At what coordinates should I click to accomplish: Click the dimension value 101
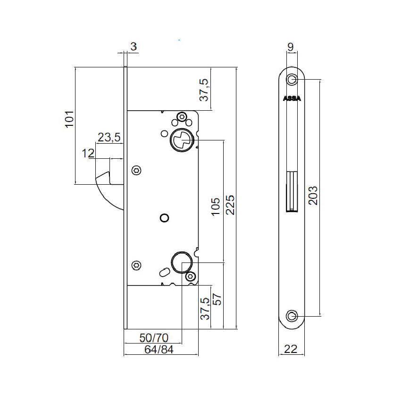(69, 119)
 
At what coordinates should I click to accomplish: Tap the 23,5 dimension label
(109, 137)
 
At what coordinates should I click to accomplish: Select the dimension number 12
(88, 154)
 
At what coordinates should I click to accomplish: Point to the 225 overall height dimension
(230, 205)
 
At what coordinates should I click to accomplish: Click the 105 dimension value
(216, 207)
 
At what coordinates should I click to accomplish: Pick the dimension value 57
(217, 299)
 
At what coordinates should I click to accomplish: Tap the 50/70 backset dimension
(154, 338)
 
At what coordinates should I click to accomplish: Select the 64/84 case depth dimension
(159, 349)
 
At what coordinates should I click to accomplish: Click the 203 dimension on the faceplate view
(313, 196)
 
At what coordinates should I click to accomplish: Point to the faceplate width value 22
(291, 349)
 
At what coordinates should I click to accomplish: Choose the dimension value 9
(291, 47)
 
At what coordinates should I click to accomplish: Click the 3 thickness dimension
(134, 47)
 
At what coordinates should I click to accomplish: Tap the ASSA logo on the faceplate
(292, 99)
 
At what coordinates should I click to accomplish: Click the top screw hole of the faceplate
(292, 79)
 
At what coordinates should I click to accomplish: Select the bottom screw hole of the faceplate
(292, 316)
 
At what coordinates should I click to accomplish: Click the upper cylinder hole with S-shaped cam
(182, 140)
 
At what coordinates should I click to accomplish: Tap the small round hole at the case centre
(164, 218)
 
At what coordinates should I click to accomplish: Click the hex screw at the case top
(182, 117)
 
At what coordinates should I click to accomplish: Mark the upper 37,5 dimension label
(204, 90)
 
